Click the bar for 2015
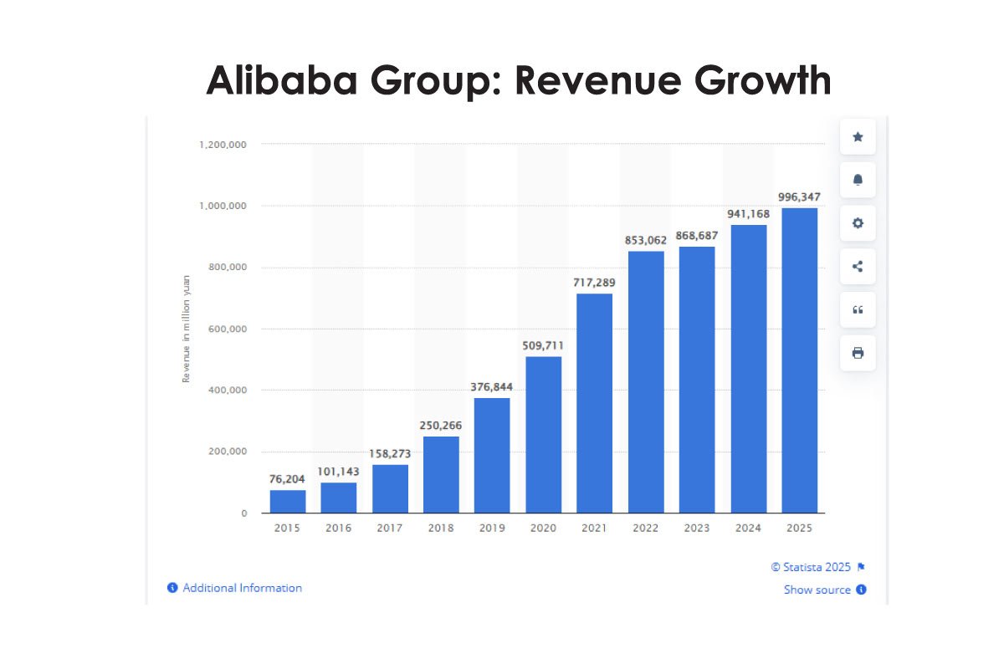coord(287,501)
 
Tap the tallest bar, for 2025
coord(799,360)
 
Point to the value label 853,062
coord(646,240)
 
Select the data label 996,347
coord(799,197)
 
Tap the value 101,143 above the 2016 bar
coord(338,471)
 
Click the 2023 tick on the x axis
coord(696,529)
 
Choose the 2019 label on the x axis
coord(492,529)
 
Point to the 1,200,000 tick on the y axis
coord(223,145)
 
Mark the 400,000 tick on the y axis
coord(226,391)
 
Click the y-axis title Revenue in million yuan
coord(186,329)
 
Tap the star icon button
coord(858,137)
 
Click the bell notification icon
coord(858,181)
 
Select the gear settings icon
coord(858,223)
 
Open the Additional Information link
coord(242,588)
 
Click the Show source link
coord(817,590)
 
